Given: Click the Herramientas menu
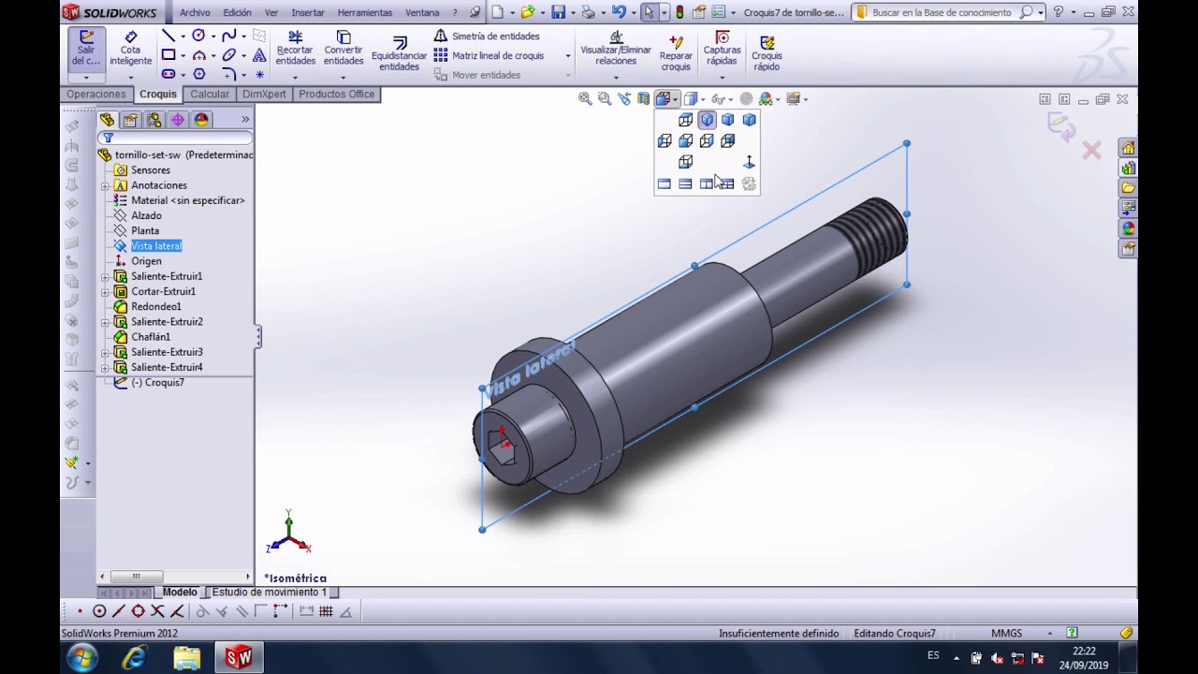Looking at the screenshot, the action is tap(364, 12).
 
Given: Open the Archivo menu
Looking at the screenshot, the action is tap(195, 12).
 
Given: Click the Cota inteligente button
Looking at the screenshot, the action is tap(130, 48).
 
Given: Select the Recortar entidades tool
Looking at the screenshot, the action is tap(295, 48).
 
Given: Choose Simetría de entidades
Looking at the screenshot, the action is tap(487, 36).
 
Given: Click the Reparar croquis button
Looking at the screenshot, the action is tap(676, 53).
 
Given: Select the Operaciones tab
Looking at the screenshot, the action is tap(96, 95).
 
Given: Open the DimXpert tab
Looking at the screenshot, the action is tap(264, 95).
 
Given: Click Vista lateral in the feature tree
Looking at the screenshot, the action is tap(156, 245).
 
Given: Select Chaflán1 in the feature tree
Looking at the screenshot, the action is tap(151, 336).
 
